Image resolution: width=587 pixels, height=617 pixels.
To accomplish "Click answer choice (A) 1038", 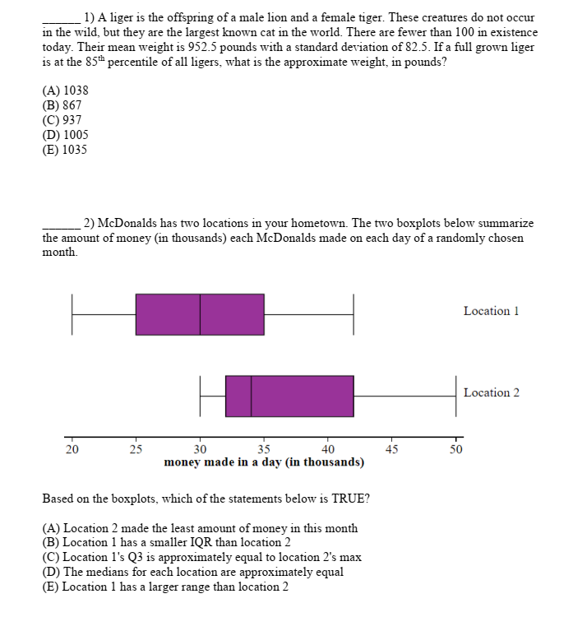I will (65, 90).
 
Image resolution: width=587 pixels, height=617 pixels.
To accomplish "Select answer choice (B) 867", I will (62, 105).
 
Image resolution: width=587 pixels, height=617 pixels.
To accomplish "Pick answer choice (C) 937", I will (62, 120).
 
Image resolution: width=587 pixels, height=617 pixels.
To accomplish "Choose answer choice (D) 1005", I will (65, 135).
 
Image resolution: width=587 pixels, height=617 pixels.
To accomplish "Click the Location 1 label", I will (491, 311).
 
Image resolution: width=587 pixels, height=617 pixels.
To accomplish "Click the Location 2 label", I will (491, 392).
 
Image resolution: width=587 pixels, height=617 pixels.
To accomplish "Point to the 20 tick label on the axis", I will (72, 449).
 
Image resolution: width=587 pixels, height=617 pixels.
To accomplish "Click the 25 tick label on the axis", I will (136, 449).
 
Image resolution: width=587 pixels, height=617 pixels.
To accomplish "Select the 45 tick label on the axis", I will (391, 449).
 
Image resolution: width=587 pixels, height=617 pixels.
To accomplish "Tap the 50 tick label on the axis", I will (455, 449).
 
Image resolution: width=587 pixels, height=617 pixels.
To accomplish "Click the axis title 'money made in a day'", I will (264, 462).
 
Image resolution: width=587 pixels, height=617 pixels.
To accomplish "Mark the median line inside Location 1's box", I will (200, 314).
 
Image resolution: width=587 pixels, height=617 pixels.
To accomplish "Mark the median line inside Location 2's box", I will (252, 396).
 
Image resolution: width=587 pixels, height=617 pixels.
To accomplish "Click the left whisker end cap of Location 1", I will (72, 314).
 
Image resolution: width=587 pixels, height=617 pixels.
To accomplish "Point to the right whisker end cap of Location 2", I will (455, 396).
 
